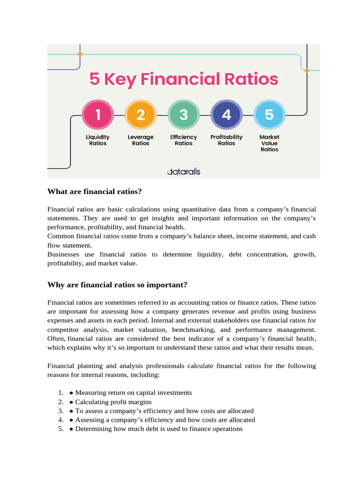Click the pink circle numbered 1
click(x=97, y=115)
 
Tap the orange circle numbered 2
click(x=141, y=115)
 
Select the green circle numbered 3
click(x=184, y=115)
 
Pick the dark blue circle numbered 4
click(x=226, y=115)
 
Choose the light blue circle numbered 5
click(x=269, y=115)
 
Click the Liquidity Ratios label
click(x=97, y=140)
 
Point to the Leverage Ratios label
click(x=141, y=140)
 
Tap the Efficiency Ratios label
click(x=184, y=140)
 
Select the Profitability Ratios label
click(x=226, y=140)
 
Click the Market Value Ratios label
click(x=270, y=143)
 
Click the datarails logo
click(x=184, y=172)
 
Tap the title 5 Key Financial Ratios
click(x=184, y=79)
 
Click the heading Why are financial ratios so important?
click(x=117, y=285)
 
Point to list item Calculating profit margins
click(x=113, y=402)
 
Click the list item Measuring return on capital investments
click(x=133, y=393)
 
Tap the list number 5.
click(x=61, y=428)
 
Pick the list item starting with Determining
click(x=158, y=428)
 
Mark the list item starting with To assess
click(x=164, y=411)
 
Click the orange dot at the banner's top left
click(x=80, y=54)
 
